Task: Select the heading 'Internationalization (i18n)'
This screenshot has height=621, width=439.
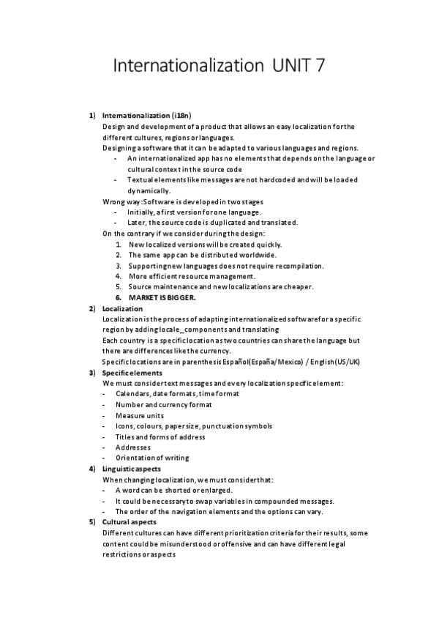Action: (x=147, y=116)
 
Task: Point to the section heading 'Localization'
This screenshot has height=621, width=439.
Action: (x=123, y=308)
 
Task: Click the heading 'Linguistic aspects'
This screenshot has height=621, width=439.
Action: (x=132, y=469)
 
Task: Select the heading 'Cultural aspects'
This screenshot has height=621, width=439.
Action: (x=130, y=521)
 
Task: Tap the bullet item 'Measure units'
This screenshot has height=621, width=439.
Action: (x=140, y=415)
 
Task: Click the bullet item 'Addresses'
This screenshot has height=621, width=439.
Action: (x=133, y=447)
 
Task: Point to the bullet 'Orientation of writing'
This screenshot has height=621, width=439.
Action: (x=152, y=458)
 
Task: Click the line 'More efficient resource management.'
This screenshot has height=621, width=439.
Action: (x=192, y=276)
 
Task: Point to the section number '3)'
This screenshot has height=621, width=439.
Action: (x=92, y=373)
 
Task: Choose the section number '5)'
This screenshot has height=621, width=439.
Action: (x=92, y=521)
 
